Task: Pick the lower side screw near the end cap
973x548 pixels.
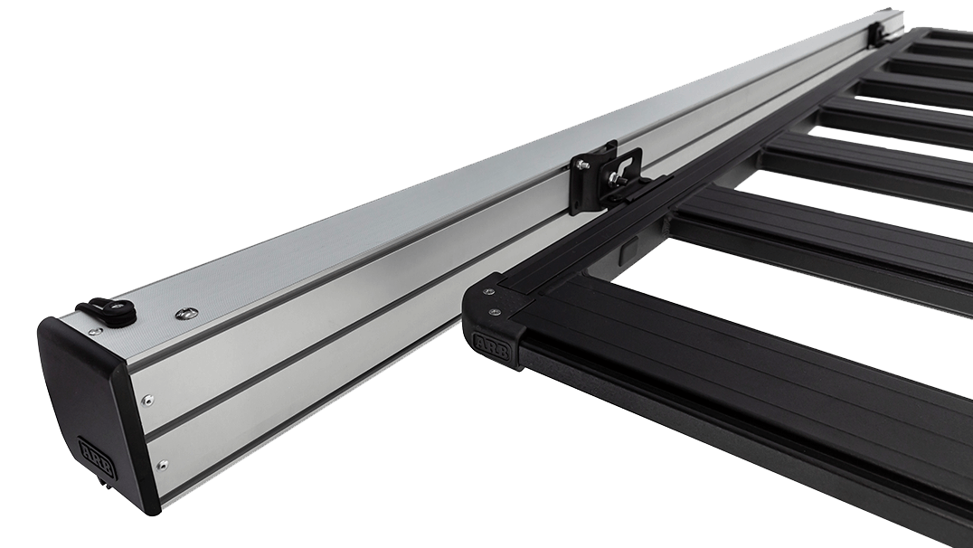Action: pos(162,465)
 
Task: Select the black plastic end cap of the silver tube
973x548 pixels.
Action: pos(86,407)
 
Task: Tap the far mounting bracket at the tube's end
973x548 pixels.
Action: pos(878,32)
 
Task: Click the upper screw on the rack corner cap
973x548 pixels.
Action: pos(489,292)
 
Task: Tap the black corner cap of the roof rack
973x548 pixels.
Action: pos(493,321)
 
